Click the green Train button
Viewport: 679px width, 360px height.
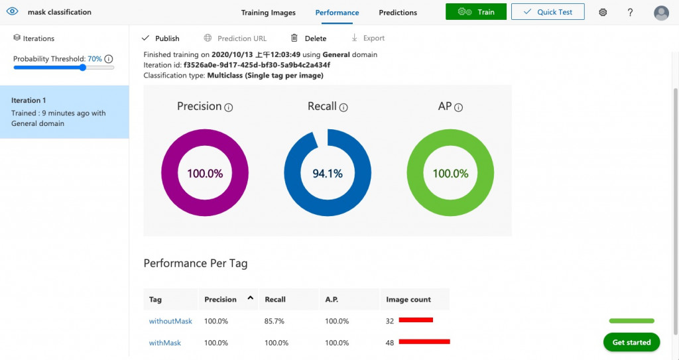(475, 12)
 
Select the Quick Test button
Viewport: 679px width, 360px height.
(547, 12)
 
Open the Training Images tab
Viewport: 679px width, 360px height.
(269, 13)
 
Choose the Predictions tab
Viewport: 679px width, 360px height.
(398, 13)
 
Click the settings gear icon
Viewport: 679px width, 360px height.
(603, 13)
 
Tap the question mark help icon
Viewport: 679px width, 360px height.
(630, 13)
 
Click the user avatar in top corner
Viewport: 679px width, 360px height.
(661, 13)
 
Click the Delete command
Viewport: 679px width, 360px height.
(309, 38)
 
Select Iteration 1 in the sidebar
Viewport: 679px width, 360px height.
(64, 111)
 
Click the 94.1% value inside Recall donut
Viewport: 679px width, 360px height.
(328, 174)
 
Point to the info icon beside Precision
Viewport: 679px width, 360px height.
(229, 107)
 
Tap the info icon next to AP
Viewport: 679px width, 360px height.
(458, 107)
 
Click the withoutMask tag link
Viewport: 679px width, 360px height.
(170, 321)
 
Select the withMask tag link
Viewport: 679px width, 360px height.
(165, 343)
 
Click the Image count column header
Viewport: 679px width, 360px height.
(408, 300)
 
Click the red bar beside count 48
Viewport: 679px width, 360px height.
(424, 342)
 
